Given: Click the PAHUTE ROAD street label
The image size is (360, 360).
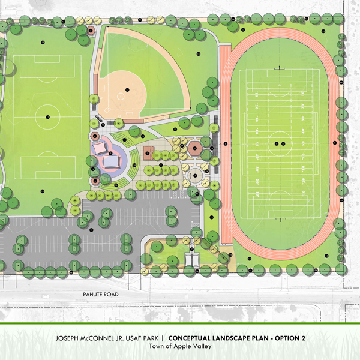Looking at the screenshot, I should (x=101, y=295).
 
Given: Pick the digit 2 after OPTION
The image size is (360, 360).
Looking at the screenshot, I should (x=304, y=338).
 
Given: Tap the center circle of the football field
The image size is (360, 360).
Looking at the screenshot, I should (x=278, y=143).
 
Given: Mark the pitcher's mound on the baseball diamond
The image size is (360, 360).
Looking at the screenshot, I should (x=127, y=89).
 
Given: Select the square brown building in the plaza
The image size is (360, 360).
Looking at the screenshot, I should (x=148, y=148).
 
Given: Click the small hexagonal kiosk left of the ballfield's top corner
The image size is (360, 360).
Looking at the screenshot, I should (x=91, y=29).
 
